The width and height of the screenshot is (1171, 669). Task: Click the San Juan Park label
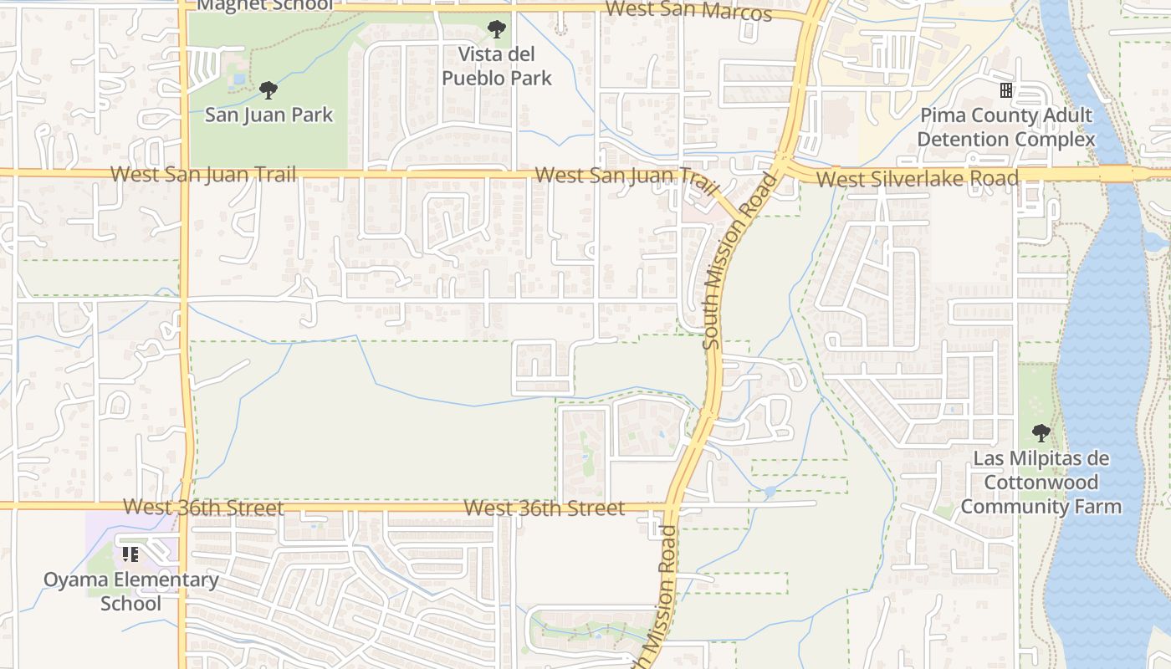pos(268,115)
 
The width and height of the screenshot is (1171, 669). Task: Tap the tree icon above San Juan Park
pos(268,89)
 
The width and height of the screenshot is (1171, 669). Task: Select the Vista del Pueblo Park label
pos(497,66)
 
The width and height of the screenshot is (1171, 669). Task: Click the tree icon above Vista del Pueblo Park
pos(497,30)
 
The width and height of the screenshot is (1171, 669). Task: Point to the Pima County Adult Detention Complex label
pos(1006,127)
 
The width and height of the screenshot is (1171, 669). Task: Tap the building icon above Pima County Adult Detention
pos(1006,89)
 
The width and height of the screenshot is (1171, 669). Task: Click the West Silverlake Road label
pos(917,178)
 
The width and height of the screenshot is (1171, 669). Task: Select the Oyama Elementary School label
pos(131,591)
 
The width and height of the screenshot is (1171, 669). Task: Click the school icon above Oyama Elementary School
pos(130,554)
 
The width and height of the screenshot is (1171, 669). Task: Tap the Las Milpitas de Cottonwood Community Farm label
pos(1041,483)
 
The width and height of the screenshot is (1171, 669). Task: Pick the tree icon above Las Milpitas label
pos(1041,433)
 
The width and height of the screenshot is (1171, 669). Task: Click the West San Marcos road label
pos(688,11)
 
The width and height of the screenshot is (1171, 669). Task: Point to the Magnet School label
pos(264,5)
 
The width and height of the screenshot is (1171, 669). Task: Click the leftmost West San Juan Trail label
pos(203,175)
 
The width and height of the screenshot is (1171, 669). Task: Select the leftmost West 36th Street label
pos(203,508)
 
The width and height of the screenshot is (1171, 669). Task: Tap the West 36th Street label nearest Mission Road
pos(544,508)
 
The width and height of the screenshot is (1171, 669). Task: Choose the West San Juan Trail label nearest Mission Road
pos(627,176)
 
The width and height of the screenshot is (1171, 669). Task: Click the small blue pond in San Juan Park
pos(240,79)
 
